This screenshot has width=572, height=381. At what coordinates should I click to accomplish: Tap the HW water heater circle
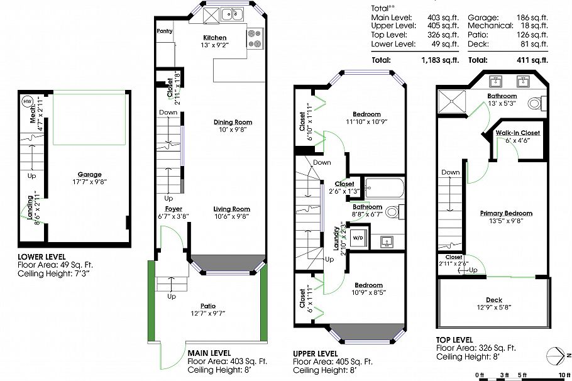click(27, 101)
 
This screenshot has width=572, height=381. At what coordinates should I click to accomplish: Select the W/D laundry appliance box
click(358, 238)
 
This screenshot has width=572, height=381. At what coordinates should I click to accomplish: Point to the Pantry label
click(164, 31)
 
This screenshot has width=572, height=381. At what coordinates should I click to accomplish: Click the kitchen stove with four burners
click(254, 38)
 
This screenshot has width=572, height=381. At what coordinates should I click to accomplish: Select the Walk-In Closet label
click(517, 133)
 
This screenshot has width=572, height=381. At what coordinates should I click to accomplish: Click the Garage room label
click(90, 175)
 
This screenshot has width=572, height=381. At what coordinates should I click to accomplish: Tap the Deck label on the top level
click(494, 300)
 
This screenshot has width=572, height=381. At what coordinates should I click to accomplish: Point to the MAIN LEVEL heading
click(209, 353)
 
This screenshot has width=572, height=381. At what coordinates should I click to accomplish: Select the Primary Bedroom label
click(506, 213)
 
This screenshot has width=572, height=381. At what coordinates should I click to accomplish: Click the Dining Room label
click(233, 122)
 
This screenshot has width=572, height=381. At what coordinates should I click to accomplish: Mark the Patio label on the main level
click(207, 306)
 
